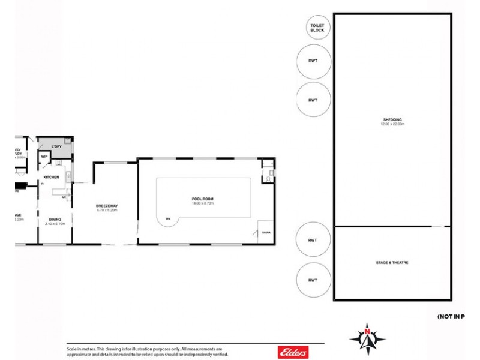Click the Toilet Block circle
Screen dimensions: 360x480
click(317, 27)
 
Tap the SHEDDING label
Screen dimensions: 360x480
click(392, 119)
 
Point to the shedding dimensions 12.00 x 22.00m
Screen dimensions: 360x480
click(392, 124)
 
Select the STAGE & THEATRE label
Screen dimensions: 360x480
click(392, 263)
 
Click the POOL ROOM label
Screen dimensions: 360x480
click(203, 199)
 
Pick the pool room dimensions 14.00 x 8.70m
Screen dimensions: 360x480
click(203, 203)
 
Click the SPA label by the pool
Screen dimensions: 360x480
click(168, 220)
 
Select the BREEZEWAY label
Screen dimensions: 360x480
click(106, 206)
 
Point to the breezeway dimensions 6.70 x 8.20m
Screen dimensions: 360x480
click(106, 211)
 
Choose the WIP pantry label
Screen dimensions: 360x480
click(44, 157)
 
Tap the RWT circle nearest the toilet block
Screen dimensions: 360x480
click(313, 61)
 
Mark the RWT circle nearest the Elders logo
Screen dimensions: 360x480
click(313, 280)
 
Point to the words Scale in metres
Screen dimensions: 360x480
click(80, 349)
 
